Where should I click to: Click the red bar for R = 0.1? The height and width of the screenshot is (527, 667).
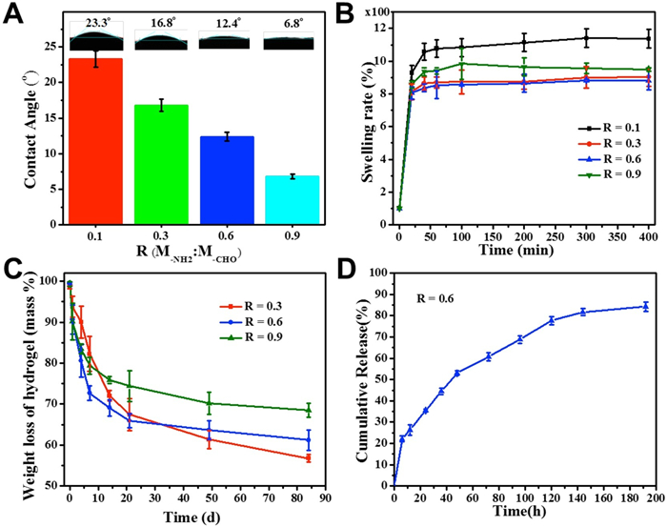pyautogui.click(x=95, y=137)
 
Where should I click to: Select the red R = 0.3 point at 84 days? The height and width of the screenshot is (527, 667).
pyautogui.click(x=308, y=458)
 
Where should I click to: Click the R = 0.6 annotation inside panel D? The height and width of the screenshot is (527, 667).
pyautogui.click(x=439, y=299)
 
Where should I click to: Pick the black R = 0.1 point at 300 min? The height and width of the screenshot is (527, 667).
pyautogui.click(x=587, y=37)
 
